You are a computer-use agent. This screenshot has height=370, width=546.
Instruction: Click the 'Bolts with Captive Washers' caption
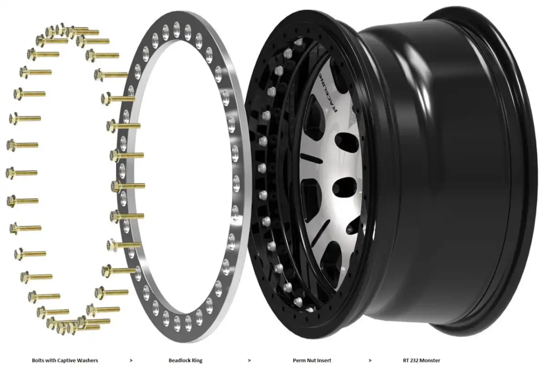click(65, 360)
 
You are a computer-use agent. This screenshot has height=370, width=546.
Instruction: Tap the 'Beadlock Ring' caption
click(186, 360)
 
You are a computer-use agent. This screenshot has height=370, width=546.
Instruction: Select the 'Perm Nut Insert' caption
click(312, 360)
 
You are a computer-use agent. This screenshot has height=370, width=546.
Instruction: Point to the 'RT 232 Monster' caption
click(421, 360)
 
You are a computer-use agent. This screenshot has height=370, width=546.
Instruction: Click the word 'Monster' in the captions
click(431, 360)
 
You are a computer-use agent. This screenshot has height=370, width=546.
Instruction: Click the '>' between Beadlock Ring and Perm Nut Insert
click(249, 360)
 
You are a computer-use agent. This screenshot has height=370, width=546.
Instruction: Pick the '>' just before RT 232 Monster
click(370, 360)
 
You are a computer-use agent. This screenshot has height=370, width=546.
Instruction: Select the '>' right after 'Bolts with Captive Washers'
click(131, 360)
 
